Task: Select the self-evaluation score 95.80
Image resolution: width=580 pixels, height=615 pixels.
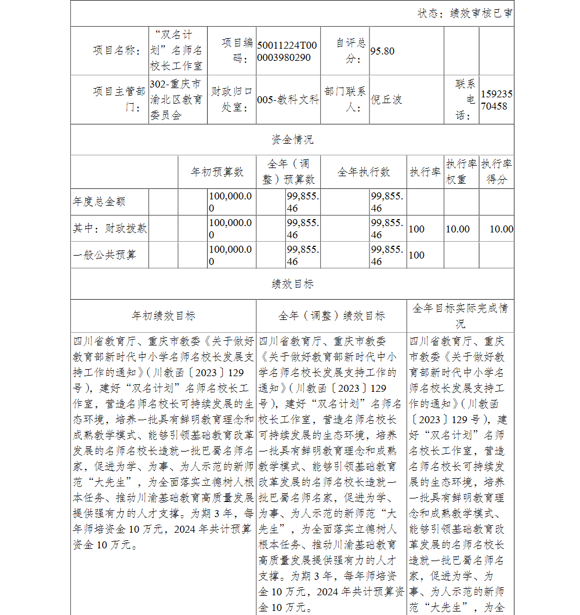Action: pyautogui.click(x=382, y=51)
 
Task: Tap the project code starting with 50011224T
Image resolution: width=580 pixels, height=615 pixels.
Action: pyautogui.click(x=287, y=52)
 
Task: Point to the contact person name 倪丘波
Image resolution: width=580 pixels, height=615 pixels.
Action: pyautogui.click(x=386, y=100)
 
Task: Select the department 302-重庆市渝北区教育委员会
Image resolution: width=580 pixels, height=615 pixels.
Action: pyautogui.click(x=176, y=100)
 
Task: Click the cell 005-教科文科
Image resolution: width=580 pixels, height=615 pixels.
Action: pyautogui.click(x=288, y=100)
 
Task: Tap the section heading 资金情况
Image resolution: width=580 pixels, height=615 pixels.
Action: pyautogui.click(x=292, y=140)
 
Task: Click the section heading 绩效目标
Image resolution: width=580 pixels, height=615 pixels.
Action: pyautogui.click(x=292, y=284)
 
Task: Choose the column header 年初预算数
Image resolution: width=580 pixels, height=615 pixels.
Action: pyautogui.click(x=217, y=172)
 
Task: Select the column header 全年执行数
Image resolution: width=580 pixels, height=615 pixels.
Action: pyautogui.click(x=364, y=172)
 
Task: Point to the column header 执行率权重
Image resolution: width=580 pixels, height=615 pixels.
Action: pyautogui.click(x=461, y=172)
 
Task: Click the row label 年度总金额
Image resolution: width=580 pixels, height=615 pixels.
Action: pyautogui.click(x=99, y=202)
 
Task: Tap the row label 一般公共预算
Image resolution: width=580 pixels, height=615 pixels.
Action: pyautogui.click(x=104, y=255)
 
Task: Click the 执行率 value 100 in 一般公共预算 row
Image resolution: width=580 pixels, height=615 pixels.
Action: pyautogui.click(x=416, y=255)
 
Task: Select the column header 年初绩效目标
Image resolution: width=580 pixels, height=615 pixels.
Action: pyautogui.click(x=164, y=316)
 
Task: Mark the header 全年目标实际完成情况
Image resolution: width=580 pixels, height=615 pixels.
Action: pyautogui.click(x=460, y=316)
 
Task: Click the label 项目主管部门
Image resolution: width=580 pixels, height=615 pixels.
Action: pyautogui.click(x=119, y=100)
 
